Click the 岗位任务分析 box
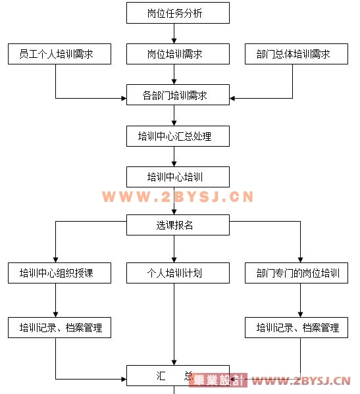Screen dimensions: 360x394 178,12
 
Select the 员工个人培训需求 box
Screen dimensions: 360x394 59,54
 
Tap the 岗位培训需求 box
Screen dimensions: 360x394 178,54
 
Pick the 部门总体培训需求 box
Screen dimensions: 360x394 296,54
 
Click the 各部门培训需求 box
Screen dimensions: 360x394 178,95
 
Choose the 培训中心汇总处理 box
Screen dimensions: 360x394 178,136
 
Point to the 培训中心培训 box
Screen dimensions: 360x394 178,177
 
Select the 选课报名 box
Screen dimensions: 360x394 178,225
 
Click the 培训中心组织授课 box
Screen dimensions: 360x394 59,273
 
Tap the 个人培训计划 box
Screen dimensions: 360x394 178,273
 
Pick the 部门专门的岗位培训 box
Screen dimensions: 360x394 296,273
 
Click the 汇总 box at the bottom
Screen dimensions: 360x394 178,376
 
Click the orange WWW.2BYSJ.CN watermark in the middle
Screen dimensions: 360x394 178,197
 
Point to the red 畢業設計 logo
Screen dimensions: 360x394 218,380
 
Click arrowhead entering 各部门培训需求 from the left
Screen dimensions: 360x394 124,98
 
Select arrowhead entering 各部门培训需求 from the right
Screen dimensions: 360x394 232,98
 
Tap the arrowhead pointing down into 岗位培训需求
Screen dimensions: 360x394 174,41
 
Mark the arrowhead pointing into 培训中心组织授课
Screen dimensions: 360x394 55,260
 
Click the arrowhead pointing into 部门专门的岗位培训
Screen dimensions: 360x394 300,260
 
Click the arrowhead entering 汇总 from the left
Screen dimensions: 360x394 124,379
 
